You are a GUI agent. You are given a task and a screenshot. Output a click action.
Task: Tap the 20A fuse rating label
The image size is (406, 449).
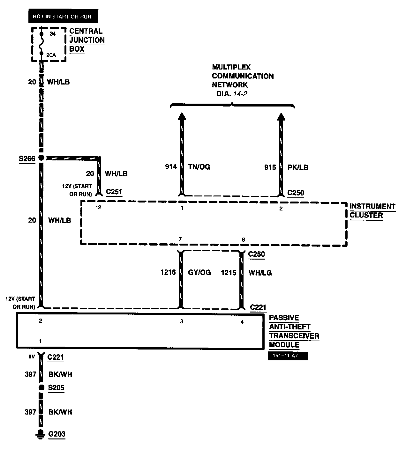pyautogui.click(x=51, y=55)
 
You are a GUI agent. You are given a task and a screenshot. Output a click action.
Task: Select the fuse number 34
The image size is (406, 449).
pyautogui.click(x=53, y=33)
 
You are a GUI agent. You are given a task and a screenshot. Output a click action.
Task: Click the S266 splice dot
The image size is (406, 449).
pyautogui.click(x=41, y=158)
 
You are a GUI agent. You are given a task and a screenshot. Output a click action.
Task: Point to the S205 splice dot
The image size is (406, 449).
pyautogui.click(x=41, y=387)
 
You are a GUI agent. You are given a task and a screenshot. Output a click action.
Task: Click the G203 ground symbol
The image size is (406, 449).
pyautogui.click(x=41, y=434)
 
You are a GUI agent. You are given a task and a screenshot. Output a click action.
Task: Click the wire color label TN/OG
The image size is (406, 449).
pyautogui.click(x=199, y=167)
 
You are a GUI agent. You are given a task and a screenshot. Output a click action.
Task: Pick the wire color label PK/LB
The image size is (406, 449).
pyautogui.click(x=298, y=167)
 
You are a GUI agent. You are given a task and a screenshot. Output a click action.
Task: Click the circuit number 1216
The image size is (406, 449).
pyautogui.click(x=168, y=273)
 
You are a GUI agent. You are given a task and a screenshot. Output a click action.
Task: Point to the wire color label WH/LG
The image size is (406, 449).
pyautogui.click(x=260, y=273)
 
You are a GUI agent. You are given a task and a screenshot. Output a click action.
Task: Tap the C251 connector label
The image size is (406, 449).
pyautogui.click(x=114, y=192)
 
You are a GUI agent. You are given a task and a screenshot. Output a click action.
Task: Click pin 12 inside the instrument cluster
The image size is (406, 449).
pyautogui.click(x=98, y=208)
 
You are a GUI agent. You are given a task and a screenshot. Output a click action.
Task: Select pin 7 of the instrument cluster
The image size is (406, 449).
pyautogui.click(x=180, y=239)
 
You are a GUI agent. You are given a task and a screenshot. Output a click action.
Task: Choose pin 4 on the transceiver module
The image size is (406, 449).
pyautogui.click(x=242, y=322)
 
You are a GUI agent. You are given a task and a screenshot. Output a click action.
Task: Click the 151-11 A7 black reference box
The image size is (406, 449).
pyautogui.click(x=288, y=356)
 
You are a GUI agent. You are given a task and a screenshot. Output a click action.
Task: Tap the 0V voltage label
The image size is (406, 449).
pyautogui.click(x=31, y=357)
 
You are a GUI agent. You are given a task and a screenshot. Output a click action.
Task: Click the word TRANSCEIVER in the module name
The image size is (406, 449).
pyautogui.click(x=294, y=336)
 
